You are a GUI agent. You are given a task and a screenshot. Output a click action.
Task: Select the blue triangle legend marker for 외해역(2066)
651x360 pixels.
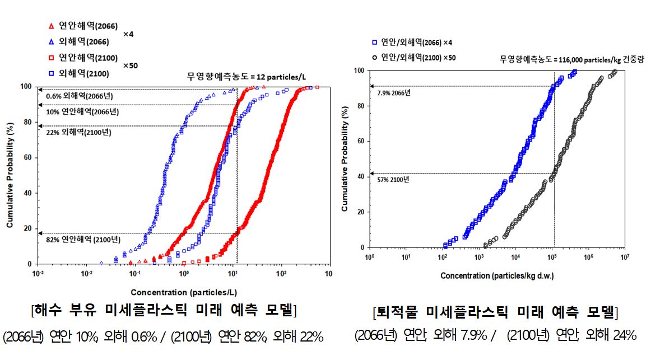tap(52, 41)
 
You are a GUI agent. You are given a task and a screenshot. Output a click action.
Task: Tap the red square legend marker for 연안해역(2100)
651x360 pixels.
tap(52, 58)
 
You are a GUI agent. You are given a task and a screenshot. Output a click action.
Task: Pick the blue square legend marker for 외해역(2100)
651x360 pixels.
tap(52, 73)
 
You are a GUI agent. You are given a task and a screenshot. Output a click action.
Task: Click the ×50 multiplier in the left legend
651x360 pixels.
tap(130, 66)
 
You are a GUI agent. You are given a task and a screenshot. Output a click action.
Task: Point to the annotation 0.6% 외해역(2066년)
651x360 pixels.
tap(82, 96)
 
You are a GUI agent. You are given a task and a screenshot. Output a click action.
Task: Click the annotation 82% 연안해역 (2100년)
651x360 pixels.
tap(82, 240)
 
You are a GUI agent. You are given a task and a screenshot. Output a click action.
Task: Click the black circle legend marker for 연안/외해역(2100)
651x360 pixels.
tap(374, 57)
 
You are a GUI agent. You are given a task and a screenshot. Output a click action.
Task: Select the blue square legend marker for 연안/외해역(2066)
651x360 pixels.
tap(374, 43)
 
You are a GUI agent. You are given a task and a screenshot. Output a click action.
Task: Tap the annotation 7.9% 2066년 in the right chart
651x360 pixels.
tap(394, 92)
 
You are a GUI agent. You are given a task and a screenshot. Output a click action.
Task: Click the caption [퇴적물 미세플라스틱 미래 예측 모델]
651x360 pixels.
tap(495, 312)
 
